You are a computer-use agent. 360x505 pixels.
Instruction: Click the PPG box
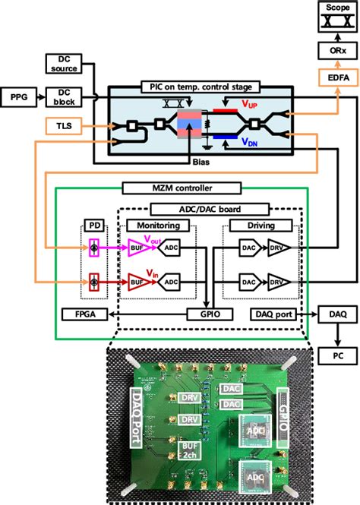[x=19, y=96]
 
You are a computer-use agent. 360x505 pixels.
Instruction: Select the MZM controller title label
[x=177, y=188]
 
